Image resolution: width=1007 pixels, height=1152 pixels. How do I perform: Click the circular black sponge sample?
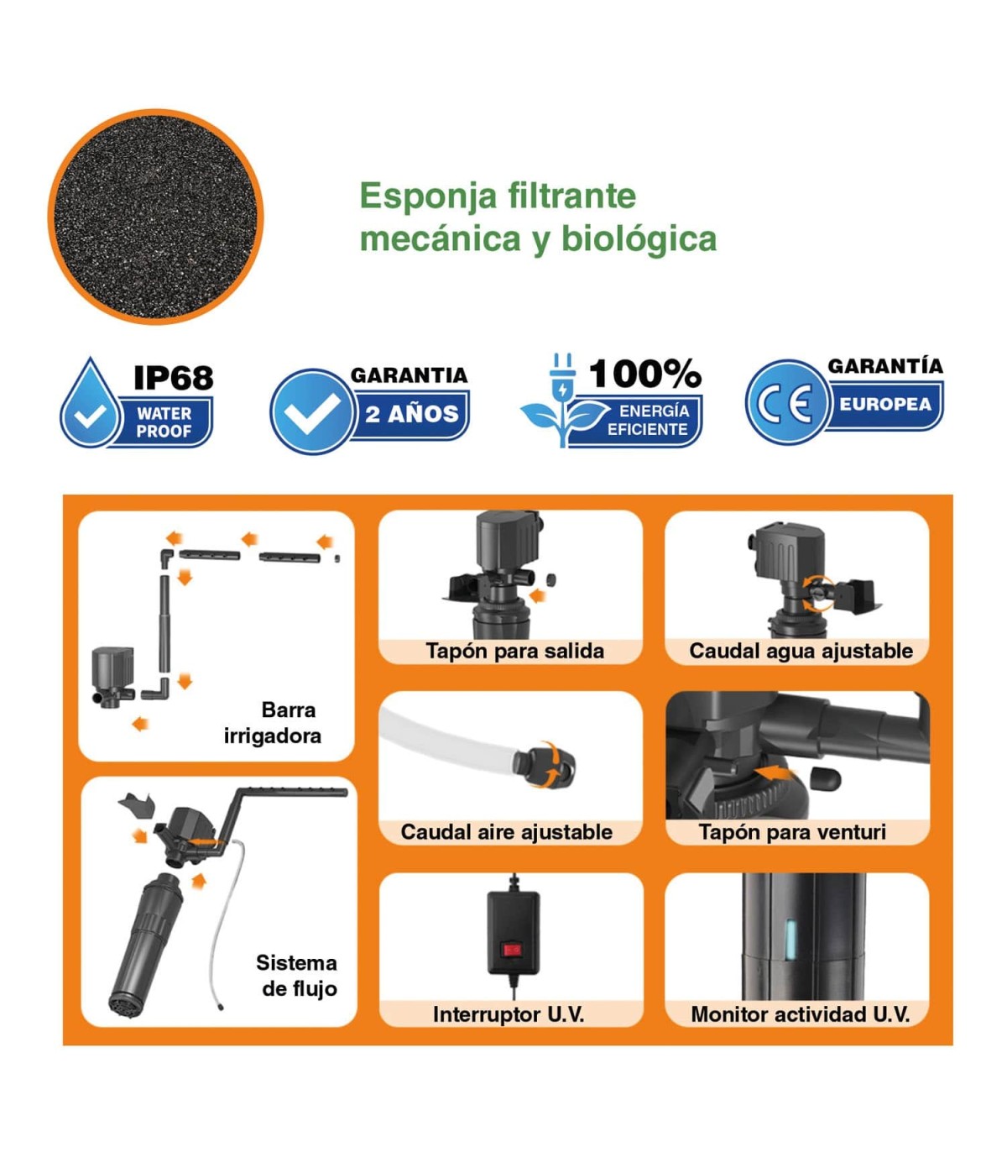click(156, 217)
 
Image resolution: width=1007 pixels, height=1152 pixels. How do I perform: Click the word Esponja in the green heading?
click(428, 196)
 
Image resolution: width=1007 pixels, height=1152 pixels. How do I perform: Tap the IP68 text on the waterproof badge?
click(173, 377)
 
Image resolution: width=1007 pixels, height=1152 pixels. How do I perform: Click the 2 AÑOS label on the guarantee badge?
click(412, 415)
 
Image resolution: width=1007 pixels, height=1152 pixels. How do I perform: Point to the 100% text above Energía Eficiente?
click(644, 374)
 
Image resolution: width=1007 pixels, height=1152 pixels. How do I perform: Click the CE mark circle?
click(786, 402)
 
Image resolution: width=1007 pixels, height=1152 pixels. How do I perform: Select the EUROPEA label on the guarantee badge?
click(885, 404)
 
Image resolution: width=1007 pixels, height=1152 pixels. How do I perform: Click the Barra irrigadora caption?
click(273, 722)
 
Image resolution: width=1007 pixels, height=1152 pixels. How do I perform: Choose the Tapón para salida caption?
click(514, 651)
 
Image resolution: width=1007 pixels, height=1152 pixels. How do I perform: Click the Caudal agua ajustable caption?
click(801, 651)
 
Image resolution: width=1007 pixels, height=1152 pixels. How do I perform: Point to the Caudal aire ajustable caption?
click(506, 831)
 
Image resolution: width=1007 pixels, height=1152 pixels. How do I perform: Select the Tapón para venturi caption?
click(792, 831)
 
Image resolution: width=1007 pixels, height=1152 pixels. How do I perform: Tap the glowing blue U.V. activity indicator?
click(790, 939)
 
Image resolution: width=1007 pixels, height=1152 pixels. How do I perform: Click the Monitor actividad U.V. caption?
click(800, 1014)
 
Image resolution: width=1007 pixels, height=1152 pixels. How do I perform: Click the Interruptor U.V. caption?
click(509, 1014)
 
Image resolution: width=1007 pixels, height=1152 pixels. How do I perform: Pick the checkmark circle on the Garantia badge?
click(311, 411)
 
